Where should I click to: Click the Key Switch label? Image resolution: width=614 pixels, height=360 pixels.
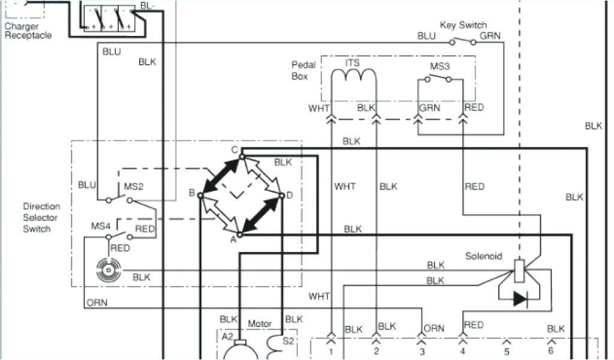click(x=463, y=25)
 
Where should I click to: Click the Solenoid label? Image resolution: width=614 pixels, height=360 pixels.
click(x=483, y=256)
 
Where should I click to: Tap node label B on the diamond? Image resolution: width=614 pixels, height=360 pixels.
click(x=192, y=193)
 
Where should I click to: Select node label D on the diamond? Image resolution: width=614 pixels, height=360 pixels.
click(x=290, y=195)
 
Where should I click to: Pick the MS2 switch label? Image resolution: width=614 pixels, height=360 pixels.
click(x=133, y=187)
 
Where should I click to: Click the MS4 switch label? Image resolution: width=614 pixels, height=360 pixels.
click(x=101, y=226)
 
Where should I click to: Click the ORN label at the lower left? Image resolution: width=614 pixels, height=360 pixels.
click(x=97, y=302)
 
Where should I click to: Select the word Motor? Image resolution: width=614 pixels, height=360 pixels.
click(x=260, y=323)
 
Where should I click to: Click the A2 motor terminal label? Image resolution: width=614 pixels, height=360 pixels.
click(x=227, y=337)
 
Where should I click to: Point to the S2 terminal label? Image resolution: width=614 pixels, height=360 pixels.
click(x=288, y=340)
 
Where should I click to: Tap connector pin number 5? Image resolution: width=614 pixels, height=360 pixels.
click(x=506, y=352)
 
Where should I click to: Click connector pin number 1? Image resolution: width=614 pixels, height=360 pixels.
click(x=330, y=352)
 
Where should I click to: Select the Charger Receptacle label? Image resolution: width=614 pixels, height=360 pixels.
click(x=28, y=31)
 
